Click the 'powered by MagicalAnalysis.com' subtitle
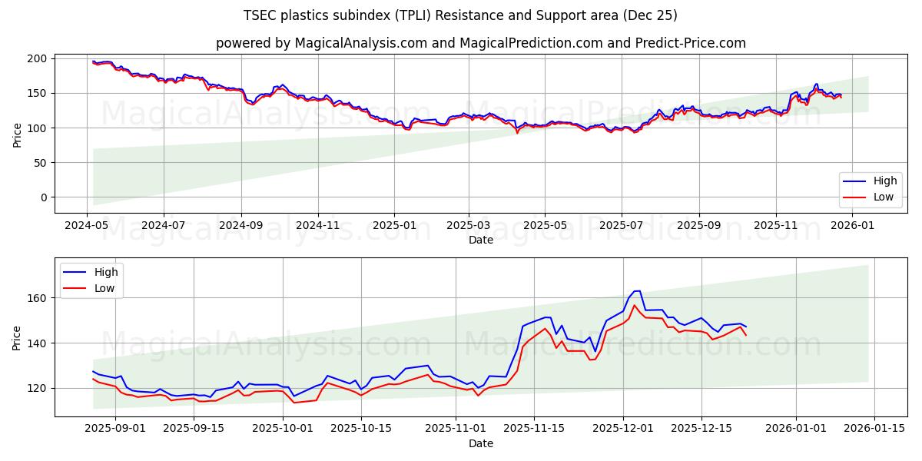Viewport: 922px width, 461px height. tap(480, 43)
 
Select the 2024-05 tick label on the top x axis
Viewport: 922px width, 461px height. tap(86, 226)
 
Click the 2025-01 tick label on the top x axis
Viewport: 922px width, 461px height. tap(393, 226)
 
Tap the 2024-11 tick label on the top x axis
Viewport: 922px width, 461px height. tap(317, 226)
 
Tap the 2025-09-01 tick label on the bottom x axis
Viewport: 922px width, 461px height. tap(115, 429)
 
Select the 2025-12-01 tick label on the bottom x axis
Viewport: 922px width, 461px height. tap(622, 429)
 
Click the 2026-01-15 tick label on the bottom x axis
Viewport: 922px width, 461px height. tap(877, 429)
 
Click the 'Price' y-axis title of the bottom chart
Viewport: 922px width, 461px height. tap(18, 337)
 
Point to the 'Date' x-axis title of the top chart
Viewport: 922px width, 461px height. tap(480, 240)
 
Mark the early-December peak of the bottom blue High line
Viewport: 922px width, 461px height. tap(637, 291)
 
